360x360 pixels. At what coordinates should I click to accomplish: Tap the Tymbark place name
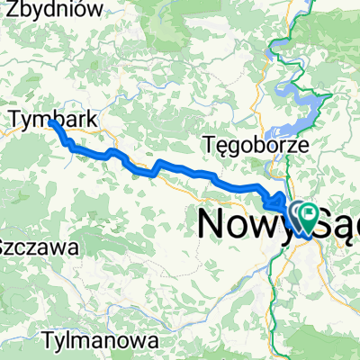tap(53, 117)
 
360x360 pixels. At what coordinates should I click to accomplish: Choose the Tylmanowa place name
tap(105, 342)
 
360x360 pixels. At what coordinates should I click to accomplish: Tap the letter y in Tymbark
tap(31, 119)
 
